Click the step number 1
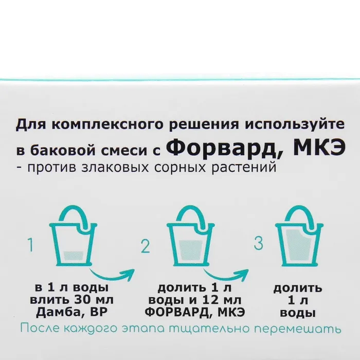pyautogui.click(x=30, y=245)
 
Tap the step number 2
pyautogui.click(x=146, y=246)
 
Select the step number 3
pyautogui.click(x=259, y=243)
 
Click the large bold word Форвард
pyautogui.click(x=224, y=149)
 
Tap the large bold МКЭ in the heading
pyautogui.click(x=319, y=148)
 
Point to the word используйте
pyautogui.click(x=295, y=125)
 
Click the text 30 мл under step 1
pyautogui.click(x=94, y=300)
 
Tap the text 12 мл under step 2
pyautogui.click(x=221, y=300)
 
